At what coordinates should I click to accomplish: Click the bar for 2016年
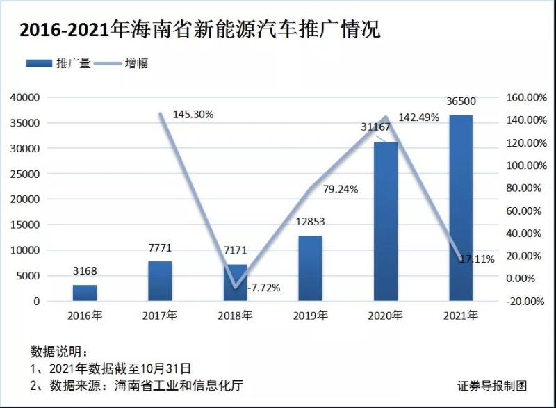(x=85, y=293)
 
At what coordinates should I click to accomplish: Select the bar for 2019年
(x=311, y=268)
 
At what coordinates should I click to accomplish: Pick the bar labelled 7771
(x=160, y=281)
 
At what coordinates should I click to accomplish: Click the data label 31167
(x=376, y=127)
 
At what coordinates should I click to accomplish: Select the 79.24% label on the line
(x=341, y=189)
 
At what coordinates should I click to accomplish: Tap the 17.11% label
(x=477, y=259)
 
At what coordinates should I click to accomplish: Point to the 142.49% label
(x=419, y=117)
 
